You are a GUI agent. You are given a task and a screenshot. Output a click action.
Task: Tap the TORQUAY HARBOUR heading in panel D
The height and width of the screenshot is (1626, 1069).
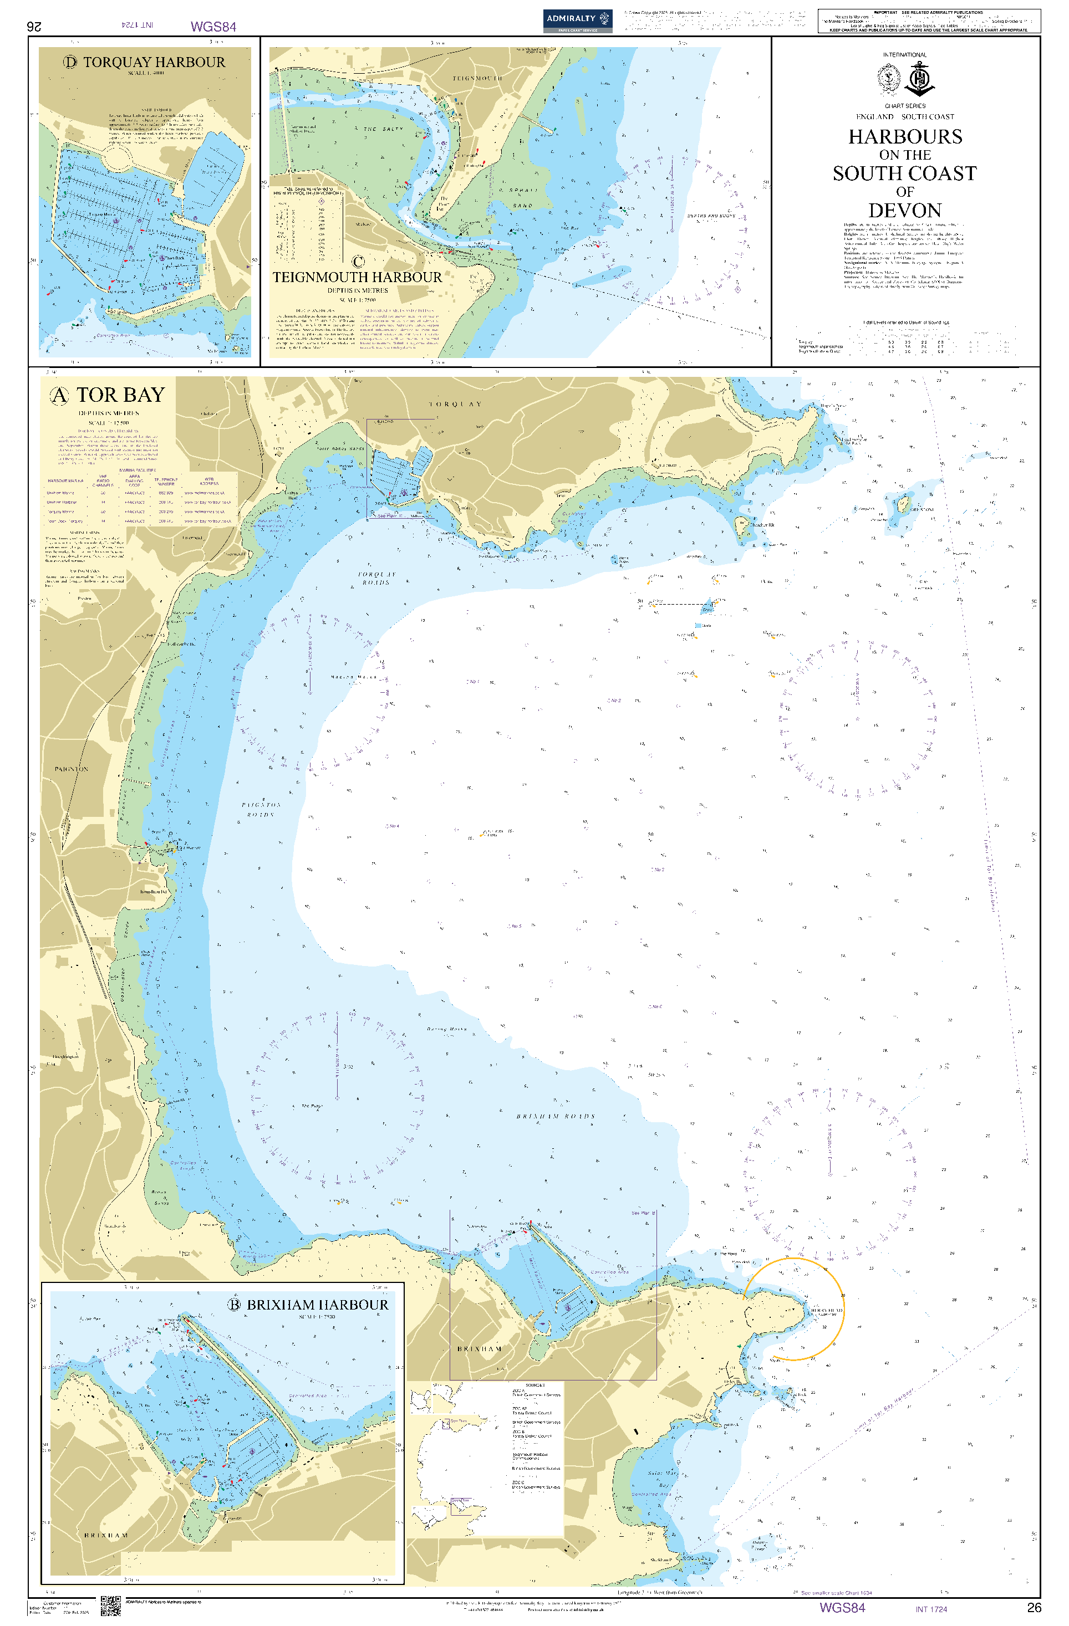[154, 62]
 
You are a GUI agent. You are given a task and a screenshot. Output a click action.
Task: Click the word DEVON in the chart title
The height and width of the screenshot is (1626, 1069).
[904, 211]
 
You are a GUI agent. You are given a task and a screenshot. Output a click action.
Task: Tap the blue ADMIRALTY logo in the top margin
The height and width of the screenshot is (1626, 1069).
[578, 20]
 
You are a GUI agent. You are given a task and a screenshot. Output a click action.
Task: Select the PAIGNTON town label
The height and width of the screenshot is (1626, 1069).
[71, 769]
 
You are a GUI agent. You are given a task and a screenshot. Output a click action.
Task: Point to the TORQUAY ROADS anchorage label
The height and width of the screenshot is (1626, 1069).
[376, 578]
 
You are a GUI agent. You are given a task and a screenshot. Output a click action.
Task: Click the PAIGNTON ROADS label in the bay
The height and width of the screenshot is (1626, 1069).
[261, 810]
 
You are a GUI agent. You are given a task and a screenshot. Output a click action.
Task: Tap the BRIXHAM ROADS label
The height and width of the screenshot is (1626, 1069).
[555, 1116]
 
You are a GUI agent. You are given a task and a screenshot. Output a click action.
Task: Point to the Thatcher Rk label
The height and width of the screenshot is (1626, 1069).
[762, 525]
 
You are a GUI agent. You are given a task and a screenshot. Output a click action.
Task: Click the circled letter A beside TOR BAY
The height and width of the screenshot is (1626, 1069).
[59, 396]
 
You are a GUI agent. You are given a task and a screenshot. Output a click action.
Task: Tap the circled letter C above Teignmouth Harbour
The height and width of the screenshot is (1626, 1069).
[358, 261]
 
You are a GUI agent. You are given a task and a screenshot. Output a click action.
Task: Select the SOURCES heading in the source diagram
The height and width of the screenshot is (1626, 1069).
[534, 1385]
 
